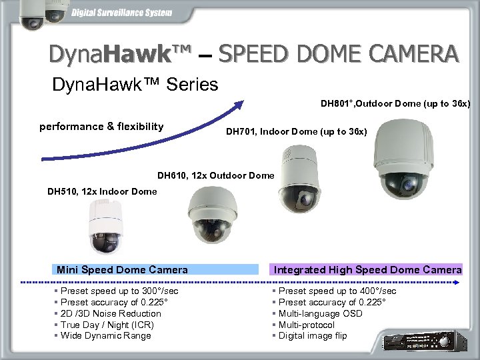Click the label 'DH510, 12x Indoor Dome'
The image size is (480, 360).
[x=102, y=191]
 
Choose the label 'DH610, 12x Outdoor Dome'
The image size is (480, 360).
[x=215, y=176]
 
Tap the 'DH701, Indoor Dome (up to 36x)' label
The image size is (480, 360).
[x=296, y=133]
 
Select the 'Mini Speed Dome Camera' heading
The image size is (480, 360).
[x=122, y=270]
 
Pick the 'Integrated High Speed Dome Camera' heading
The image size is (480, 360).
[x=367, y=270]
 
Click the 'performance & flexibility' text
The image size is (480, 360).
[x=101, y=126]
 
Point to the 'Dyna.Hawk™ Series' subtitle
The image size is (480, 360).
[x=135, y=85]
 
